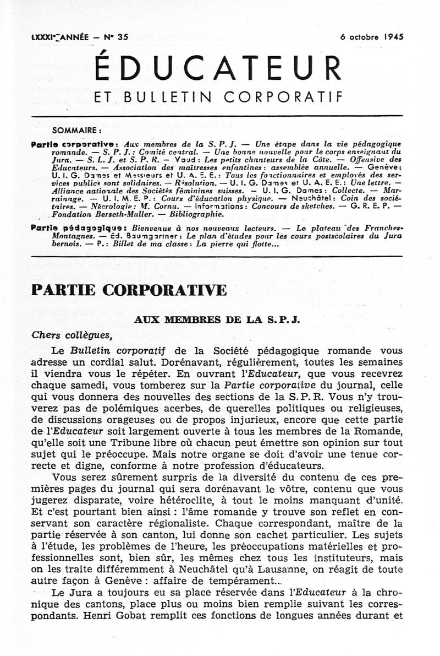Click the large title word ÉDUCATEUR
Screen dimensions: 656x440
click(x=219, y=68)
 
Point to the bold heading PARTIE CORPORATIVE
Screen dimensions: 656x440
click(x=129, y=290)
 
